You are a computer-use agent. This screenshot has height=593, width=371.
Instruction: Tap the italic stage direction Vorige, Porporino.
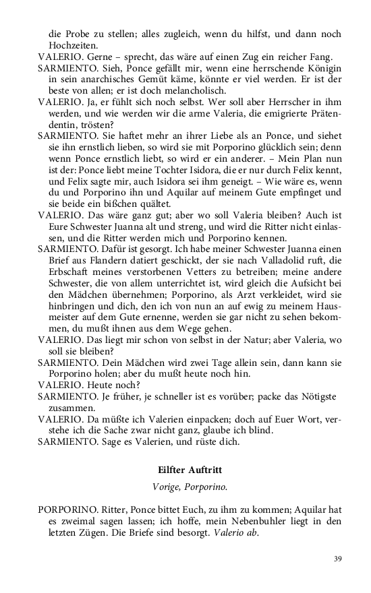[x=185, y=485]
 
